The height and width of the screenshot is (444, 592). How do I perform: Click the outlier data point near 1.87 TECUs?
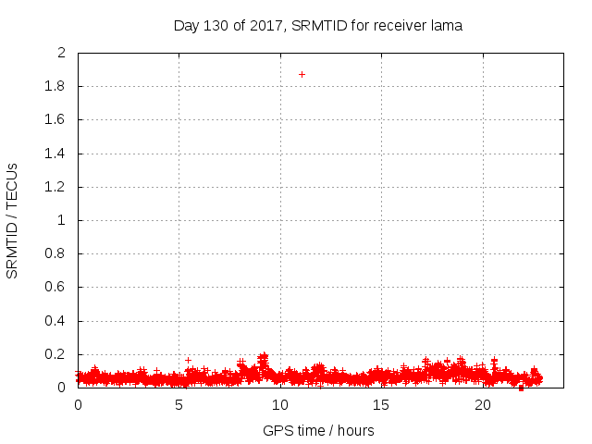[302, 74]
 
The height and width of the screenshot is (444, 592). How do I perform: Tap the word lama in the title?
[445, 26]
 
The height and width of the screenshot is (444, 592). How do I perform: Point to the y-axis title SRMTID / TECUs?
[13, 220]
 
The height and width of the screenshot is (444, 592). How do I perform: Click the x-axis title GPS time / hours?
[318, 430]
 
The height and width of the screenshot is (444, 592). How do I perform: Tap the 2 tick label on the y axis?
[61, 53]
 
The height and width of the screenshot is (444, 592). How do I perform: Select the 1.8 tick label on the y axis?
[55, 87]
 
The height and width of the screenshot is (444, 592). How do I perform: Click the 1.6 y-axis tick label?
[55, 120]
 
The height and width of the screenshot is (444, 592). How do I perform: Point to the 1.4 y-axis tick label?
[55, 154]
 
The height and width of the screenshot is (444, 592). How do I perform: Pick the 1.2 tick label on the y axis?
[55, 187]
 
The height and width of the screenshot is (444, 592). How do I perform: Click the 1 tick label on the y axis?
[61, 221]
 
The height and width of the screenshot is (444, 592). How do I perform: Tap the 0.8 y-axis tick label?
[55, 254]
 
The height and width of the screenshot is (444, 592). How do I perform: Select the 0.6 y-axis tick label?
[55, 288]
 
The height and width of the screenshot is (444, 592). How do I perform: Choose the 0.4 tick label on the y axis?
[55, 321]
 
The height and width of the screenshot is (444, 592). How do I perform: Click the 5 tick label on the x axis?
[179, 405]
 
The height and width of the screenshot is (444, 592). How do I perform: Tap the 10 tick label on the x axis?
[280, 405]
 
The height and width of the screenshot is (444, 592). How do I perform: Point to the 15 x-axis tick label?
[382, 405]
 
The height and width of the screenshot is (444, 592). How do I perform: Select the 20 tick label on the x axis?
[483, 405]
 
